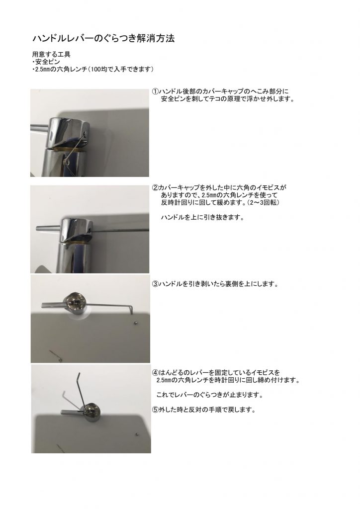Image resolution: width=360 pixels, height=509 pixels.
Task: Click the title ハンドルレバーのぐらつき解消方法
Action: point(103,38)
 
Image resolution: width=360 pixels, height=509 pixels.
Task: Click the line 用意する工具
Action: point(51,54)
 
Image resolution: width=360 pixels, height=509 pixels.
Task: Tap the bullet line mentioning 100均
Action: point(93,69)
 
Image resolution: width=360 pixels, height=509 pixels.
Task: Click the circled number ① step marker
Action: point(155,91)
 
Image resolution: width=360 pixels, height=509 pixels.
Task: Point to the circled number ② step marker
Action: point(155,187)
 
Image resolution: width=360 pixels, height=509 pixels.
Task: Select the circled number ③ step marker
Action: point(155,284)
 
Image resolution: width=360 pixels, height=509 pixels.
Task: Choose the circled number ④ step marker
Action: point(155,373)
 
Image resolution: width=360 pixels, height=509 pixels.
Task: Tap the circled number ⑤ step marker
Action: point(155,410)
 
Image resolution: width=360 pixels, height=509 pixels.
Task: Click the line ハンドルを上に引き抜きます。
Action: point(202,218)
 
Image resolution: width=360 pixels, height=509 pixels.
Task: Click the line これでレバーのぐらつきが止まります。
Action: point(209,395)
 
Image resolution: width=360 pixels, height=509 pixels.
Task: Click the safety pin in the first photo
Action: point(76,149)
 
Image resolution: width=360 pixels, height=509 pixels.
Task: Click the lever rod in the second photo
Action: point(48,228)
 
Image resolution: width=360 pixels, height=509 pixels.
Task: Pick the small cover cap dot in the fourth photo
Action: point(137,433)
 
